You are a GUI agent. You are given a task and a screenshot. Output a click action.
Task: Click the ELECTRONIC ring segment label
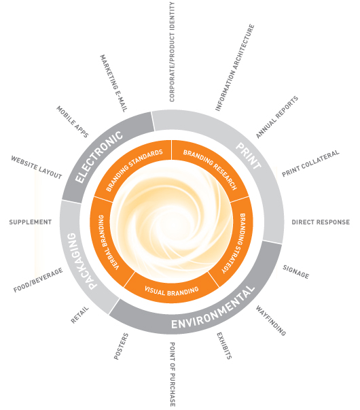click(x=98, y=156)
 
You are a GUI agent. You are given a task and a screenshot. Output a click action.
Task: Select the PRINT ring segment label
click(x=248, y=156)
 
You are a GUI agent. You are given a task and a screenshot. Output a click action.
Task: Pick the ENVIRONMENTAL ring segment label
click(x=213, y=308)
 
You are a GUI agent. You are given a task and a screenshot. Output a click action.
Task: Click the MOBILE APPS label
click(x=73, y=122)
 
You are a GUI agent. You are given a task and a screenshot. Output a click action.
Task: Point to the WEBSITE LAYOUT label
click(x=37, y=167)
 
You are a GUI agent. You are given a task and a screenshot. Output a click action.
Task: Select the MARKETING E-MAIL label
click(x=114, y=84)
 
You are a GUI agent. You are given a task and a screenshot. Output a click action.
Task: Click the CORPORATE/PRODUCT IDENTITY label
click(x=172, y=52)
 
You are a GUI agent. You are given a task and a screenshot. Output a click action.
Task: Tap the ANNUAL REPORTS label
click(x=277, y=117)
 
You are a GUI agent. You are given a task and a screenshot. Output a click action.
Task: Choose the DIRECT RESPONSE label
click(x=321, y=222)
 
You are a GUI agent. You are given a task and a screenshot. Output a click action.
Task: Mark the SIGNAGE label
click(x=296, y=272)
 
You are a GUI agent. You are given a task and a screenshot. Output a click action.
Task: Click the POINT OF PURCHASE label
click(x=173, y=374)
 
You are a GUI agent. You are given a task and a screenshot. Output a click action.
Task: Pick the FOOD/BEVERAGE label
click(x=38, y=280)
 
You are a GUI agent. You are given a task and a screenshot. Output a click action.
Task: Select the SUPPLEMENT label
click(x=31, y=222)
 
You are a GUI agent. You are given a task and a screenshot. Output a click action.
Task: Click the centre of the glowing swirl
click(x=171, y=222)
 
